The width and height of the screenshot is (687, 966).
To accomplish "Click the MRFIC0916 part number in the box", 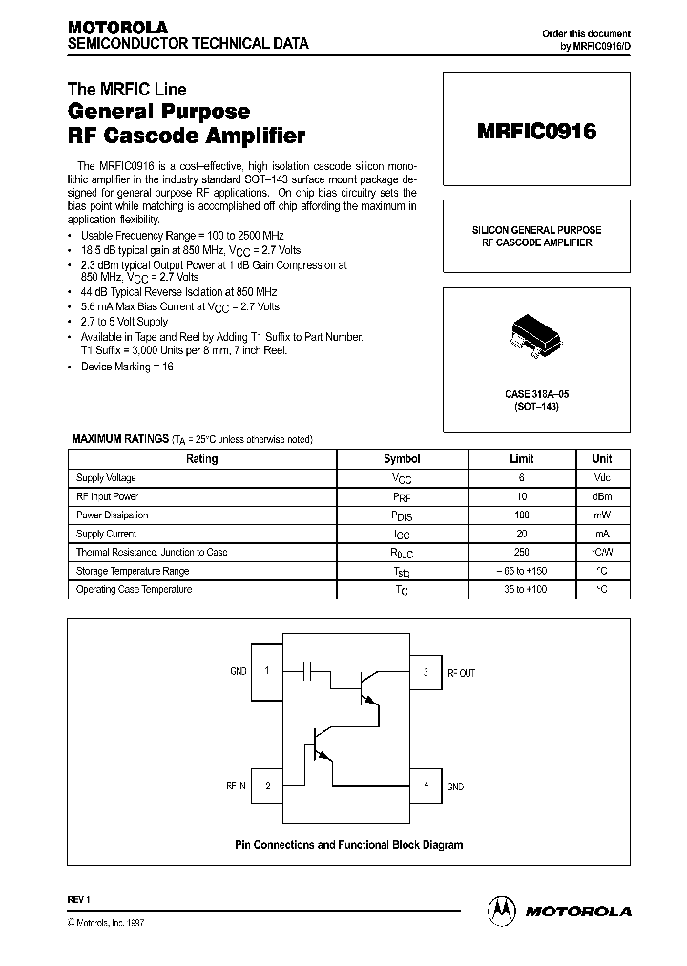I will coord(536,133).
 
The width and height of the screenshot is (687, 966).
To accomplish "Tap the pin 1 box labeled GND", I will coord(267,671).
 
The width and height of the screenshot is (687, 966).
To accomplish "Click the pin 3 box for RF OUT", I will coord(426,672).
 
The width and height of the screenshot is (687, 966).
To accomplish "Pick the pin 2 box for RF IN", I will coord(267,786).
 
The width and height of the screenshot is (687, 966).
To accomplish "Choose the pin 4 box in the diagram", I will coord(426,786).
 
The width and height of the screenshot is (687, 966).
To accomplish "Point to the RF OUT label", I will coord(462,672).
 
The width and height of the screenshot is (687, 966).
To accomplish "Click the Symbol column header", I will coord(401,459).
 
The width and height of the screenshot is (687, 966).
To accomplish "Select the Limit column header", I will coord(522,459).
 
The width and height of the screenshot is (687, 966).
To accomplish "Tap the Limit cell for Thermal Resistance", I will coord(522,553).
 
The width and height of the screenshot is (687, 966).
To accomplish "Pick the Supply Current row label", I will coord(106,535).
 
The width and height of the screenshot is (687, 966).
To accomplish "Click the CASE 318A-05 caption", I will coord(536,394).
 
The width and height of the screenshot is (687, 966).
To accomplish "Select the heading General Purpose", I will coord(158,113).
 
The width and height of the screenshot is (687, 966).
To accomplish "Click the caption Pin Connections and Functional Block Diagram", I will coord(349,845).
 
